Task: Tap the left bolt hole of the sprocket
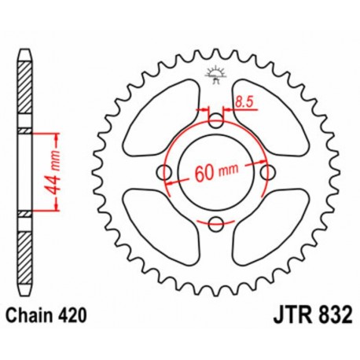165,173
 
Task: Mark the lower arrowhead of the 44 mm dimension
55,208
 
